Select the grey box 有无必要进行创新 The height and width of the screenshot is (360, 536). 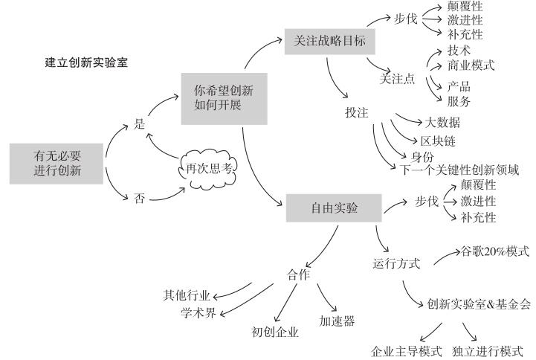56,164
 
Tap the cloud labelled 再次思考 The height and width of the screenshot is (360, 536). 208,168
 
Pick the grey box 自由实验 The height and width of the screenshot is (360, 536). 334,208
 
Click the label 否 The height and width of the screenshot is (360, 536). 139,199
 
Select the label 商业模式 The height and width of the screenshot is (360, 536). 471,65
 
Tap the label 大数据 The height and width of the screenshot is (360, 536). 442,122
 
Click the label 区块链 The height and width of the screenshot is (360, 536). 438,141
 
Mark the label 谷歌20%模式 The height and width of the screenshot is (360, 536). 496,251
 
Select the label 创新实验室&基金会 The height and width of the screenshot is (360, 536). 479,303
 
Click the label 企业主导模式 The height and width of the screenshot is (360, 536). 407,350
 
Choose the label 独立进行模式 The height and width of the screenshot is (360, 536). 488,350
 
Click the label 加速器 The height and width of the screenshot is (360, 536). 337,321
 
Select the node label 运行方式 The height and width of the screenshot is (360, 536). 396,263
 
